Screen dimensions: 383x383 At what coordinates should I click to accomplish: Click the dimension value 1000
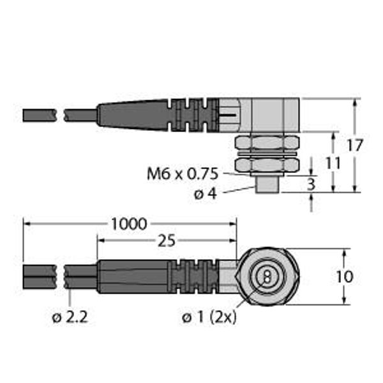tap(129, 224)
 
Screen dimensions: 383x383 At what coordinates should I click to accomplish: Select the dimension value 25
tap(167, 241)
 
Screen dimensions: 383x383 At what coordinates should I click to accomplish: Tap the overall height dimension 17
tap(355, 146)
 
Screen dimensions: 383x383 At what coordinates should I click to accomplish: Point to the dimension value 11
tap(333, 163)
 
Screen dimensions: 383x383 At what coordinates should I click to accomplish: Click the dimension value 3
tap(311, 184)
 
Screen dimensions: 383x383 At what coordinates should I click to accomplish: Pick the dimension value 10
tap(345, 277)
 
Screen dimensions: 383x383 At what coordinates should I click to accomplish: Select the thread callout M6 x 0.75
tap(182, 174)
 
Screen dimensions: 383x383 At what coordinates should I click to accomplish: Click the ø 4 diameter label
tap(205, 194)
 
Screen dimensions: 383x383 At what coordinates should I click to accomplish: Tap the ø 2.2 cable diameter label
tap(70, 317)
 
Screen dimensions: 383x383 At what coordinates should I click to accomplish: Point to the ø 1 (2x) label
tap(209, 317)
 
